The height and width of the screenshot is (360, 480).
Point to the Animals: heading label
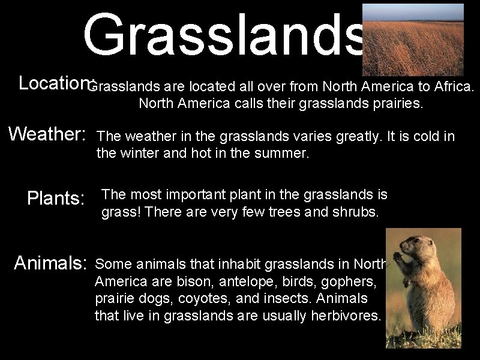pos(51,263)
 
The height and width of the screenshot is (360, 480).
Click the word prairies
pos(395,104)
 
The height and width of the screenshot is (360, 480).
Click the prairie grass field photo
pos(413,40)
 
